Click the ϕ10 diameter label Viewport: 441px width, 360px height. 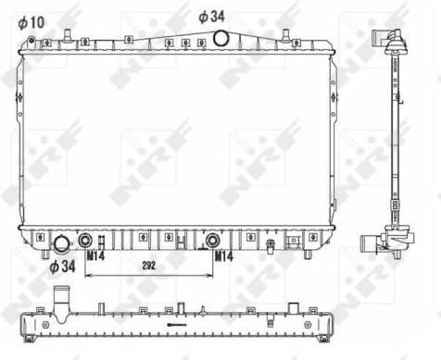coord(31,19)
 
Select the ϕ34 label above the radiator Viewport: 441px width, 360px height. coord(212,16)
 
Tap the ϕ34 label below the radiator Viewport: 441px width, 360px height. coord(61,267)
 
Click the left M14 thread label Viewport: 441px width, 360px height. coord(94,254)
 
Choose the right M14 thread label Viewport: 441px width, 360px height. coord(223,254)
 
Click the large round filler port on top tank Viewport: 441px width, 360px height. coord(221,38)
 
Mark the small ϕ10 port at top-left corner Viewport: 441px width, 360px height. coord(31,41)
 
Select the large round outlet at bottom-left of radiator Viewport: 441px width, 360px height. coord(62,243)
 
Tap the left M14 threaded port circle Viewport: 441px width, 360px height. coord(85,241)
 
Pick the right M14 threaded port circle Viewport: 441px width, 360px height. coord(212,241)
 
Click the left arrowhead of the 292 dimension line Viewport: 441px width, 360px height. coord(88,276)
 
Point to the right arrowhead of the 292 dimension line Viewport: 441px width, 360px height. coord(210,276)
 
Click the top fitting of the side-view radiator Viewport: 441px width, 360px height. coord(387,42)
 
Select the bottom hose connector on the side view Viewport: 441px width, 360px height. coord(384,242)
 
